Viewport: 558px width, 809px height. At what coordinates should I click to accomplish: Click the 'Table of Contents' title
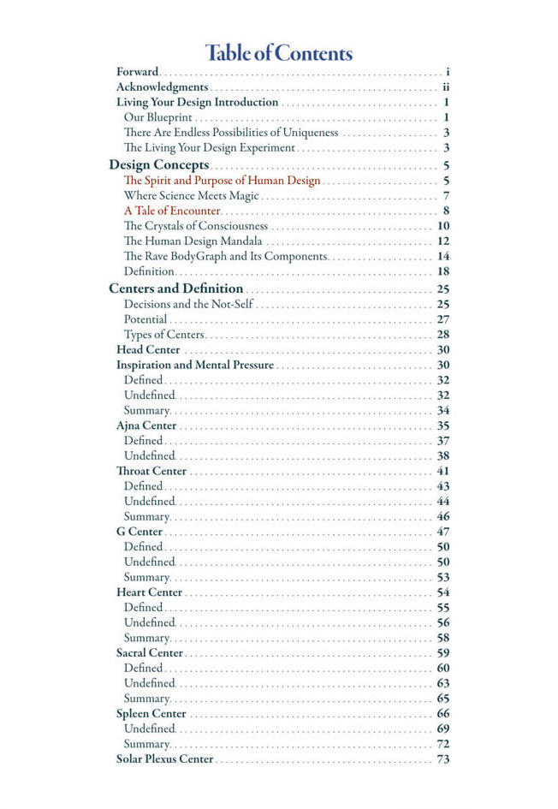click(279, 53)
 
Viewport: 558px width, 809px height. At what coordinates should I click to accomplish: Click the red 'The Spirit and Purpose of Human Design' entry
click(222, 180)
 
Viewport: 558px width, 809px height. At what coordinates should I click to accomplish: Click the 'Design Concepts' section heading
click(159, 164)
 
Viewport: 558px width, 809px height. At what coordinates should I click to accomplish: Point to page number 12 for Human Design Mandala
click(443, 241)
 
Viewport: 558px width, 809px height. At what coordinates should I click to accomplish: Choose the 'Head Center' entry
click(148, 349)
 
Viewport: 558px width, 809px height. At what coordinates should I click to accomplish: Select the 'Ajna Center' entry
click(146, 425)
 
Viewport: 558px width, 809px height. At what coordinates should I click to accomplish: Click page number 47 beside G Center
click(443, 532)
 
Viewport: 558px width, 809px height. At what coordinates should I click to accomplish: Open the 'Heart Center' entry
click(149, 592)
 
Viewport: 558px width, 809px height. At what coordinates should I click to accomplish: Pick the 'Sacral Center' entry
click(150, 652)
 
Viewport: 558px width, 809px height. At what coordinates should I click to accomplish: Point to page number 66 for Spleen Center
click(443, 713)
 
